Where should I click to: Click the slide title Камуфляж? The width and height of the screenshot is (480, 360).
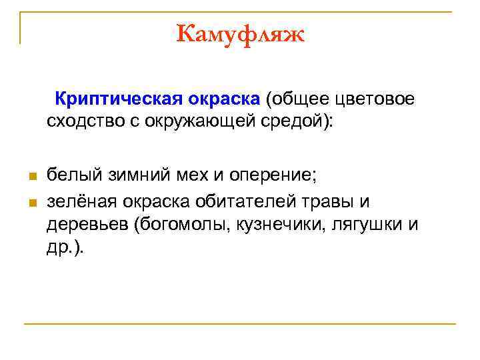pyautogui.click(x=240, y=33)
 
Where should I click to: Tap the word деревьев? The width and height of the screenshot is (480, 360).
pyautogui.click(x=87, y=224)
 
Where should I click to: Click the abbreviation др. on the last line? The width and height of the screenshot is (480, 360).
pyautogui.click(x=62, y=247)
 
